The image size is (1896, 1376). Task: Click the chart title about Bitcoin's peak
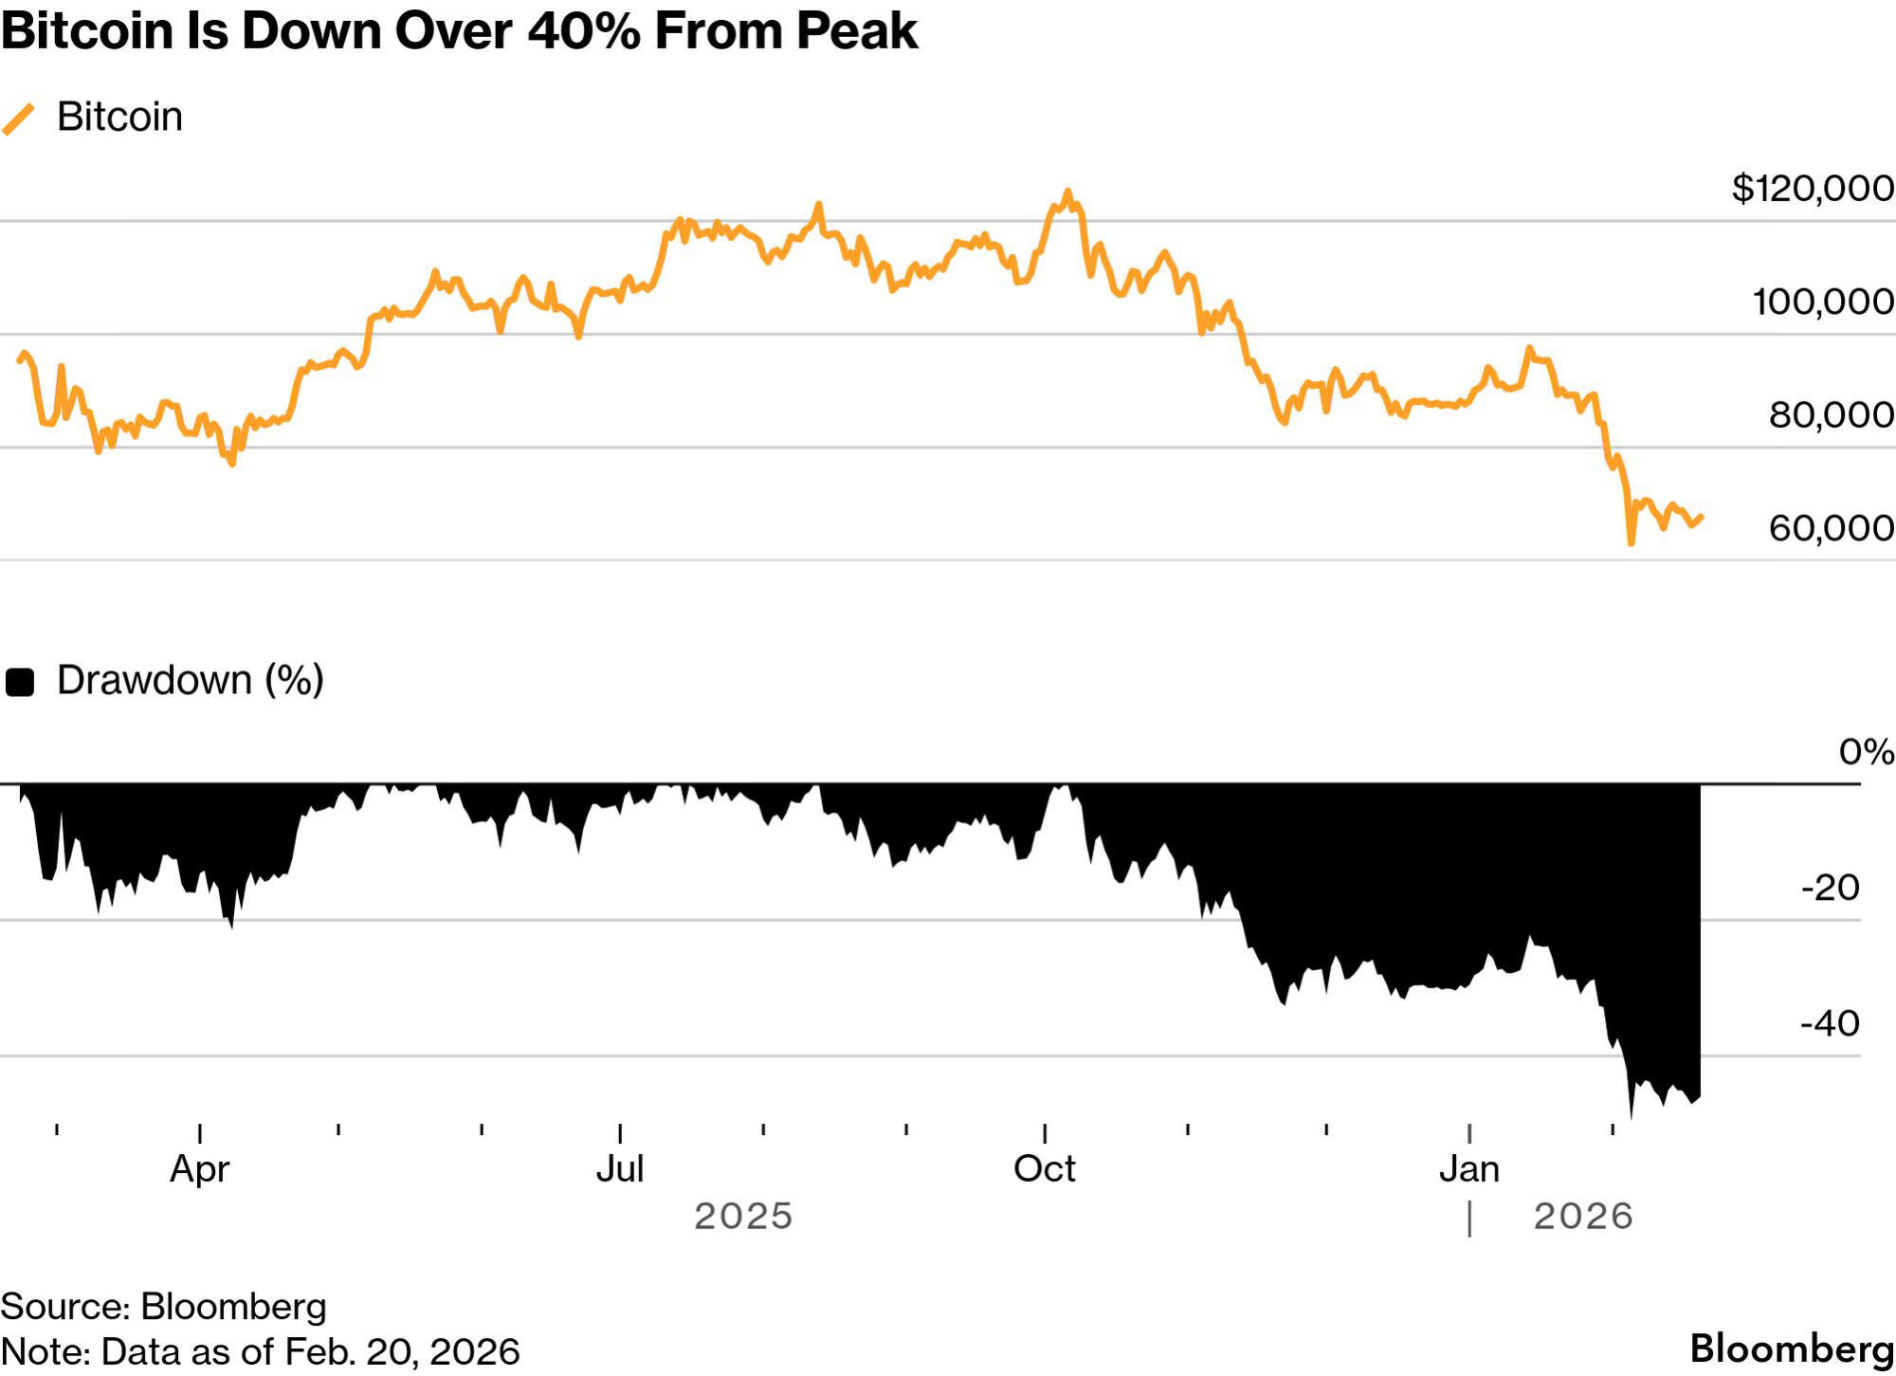tap(459, 31)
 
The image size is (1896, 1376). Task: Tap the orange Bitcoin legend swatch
tap(19, 119)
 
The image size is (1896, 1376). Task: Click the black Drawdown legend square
tap(20, 682)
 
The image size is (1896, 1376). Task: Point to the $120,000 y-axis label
tap(1812, 189)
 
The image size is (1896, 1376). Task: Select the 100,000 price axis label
tap(1822, 302)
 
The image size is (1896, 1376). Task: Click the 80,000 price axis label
tap(1831, 414)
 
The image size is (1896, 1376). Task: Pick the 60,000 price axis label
tap(1831, 528)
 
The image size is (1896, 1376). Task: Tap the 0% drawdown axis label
tap(1866, 752)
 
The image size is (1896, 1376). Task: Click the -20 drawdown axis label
tap(1830, 889)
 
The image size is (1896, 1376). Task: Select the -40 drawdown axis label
tap(1830, 1024)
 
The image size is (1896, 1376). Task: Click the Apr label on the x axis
tap(199, 1169)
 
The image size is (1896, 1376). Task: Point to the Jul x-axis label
tap(620, 1169)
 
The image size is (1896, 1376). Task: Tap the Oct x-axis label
tap(1044, 1169)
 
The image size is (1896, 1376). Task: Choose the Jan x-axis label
tap(1468, 1169)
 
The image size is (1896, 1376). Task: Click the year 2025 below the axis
tap(743, 1217)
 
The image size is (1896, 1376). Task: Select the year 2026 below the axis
tap(1583, 1217)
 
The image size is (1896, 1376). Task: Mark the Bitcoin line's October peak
tap(1067, 192)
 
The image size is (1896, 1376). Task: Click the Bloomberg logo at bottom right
tap(1792, 1348)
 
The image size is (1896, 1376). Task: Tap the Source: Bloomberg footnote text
tap(163, 1307)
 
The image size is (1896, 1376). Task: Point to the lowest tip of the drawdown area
tap(1631, 1117)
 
